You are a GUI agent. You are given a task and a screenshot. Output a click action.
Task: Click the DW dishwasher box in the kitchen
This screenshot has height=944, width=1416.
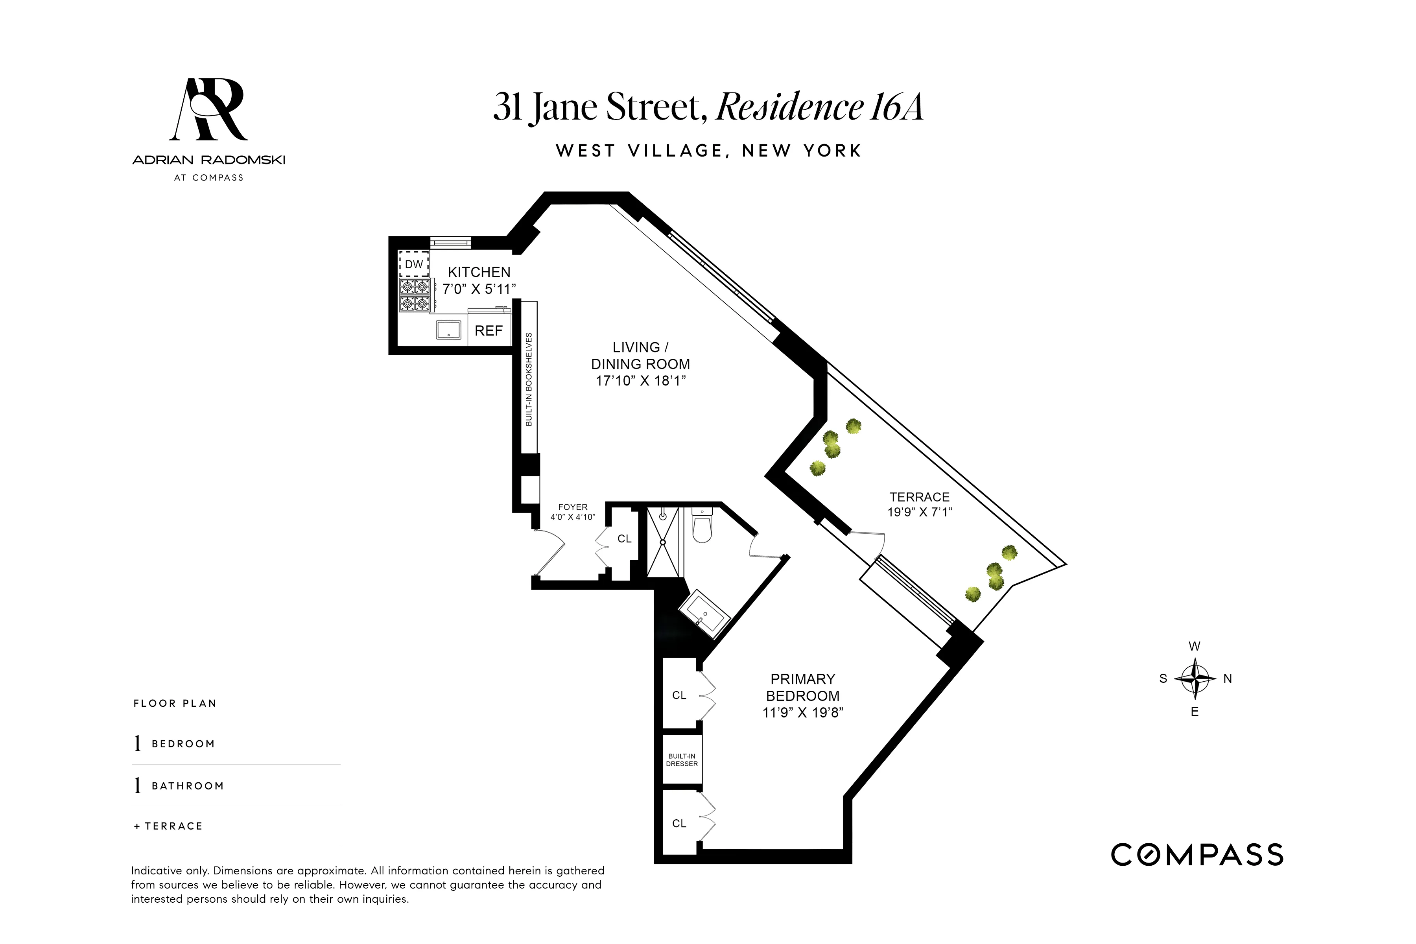pos(414,264)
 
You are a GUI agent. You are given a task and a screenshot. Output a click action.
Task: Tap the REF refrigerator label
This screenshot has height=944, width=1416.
pos(488,330)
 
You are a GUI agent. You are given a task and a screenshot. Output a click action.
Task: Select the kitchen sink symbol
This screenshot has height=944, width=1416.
pos(448,330)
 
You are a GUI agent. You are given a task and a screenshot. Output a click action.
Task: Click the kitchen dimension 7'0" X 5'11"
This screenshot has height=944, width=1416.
pos(479,289)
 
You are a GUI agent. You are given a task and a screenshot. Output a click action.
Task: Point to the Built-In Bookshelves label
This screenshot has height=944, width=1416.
pos(529,379)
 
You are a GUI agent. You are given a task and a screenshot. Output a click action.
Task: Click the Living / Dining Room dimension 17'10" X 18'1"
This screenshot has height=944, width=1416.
pos(641,380)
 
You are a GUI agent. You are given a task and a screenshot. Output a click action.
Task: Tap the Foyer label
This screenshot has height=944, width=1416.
pos(573,507)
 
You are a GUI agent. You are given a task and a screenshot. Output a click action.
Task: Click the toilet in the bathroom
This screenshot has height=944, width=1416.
pos(702,525)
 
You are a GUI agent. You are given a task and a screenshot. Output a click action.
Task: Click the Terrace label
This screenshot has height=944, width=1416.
pos(919,497)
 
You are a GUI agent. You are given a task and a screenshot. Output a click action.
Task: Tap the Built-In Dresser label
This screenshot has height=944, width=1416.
pos(682,760)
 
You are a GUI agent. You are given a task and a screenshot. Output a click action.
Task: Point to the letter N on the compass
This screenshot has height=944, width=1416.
pos(1228,678)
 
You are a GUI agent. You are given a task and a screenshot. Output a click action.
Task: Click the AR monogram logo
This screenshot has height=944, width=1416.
pos(209,110)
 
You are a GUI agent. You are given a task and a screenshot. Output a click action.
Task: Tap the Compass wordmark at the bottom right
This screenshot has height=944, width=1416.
pos(1197,855)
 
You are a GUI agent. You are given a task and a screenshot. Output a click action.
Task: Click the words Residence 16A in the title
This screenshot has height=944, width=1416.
pos(819,107)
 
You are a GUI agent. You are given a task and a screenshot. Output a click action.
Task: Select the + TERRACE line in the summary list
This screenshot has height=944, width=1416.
pos(169,826)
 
